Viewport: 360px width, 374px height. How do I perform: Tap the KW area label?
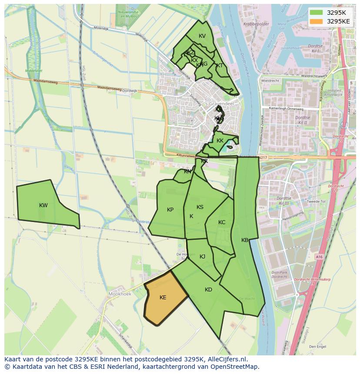(x=43, y=205)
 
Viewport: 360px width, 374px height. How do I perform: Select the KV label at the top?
(x=202, y=36)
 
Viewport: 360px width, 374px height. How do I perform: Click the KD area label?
(x=208, y=290)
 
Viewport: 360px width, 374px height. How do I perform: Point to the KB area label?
(x=245, y=240)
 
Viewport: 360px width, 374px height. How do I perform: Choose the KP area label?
(x=170, y=210)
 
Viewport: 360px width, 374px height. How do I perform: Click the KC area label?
(x=222, y=222)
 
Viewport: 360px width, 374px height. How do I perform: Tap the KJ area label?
(x=202, y=257)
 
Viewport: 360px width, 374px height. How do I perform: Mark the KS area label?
(x=200, y=207)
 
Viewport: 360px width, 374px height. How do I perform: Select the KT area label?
(x=220, y=66)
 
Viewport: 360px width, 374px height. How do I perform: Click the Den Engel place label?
(x=317, y=347)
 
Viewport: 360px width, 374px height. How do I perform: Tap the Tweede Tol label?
(x=316, y=202)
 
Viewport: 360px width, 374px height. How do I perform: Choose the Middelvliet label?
(x=33, y=70)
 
